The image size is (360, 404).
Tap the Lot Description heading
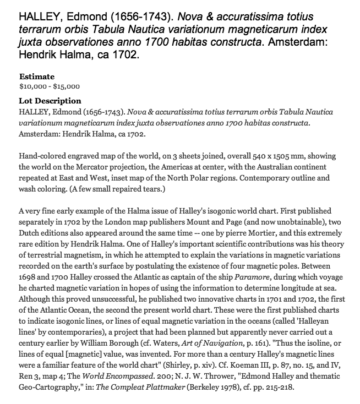click(50, 101)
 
